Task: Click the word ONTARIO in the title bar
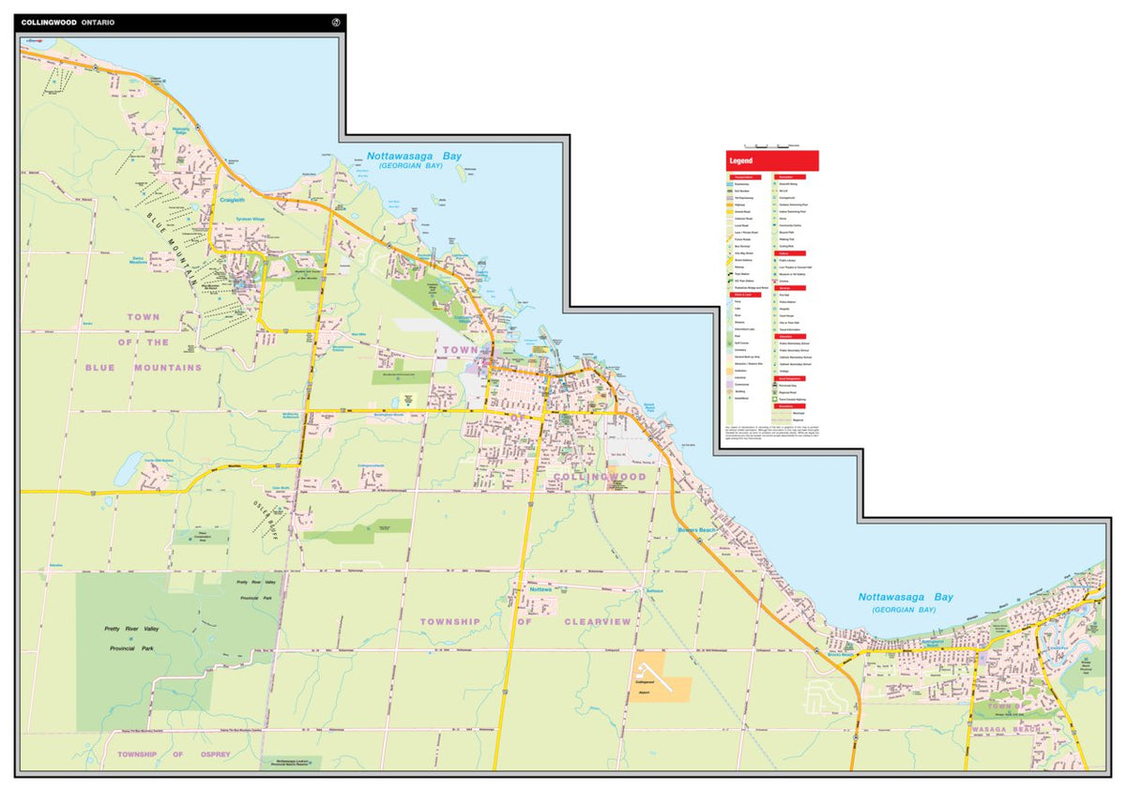98,23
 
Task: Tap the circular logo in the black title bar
337,23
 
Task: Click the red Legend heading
742,161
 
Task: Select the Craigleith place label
231,200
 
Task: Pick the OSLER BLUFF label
266,514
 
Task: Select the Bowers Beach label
697,531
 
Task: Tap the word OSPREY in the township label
214,754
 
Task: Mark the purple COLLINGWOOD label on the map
601,477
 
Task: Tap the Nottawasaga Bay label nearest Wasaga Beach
905,597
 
